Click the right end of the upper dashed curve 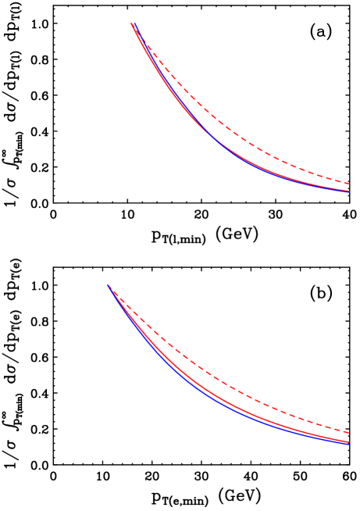point(349,183)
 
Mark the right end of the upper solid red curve point(349,191)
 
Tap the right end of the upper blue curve point(349,191)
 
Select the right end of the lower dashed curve point(349,432)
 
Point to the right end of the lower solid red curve point(349,442)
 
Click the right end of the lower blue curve point(349,444)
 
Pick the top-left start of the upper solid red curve point(131,24)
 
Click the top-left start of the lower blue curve point(109,286)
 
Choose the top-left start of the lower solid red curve point(110,287)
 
